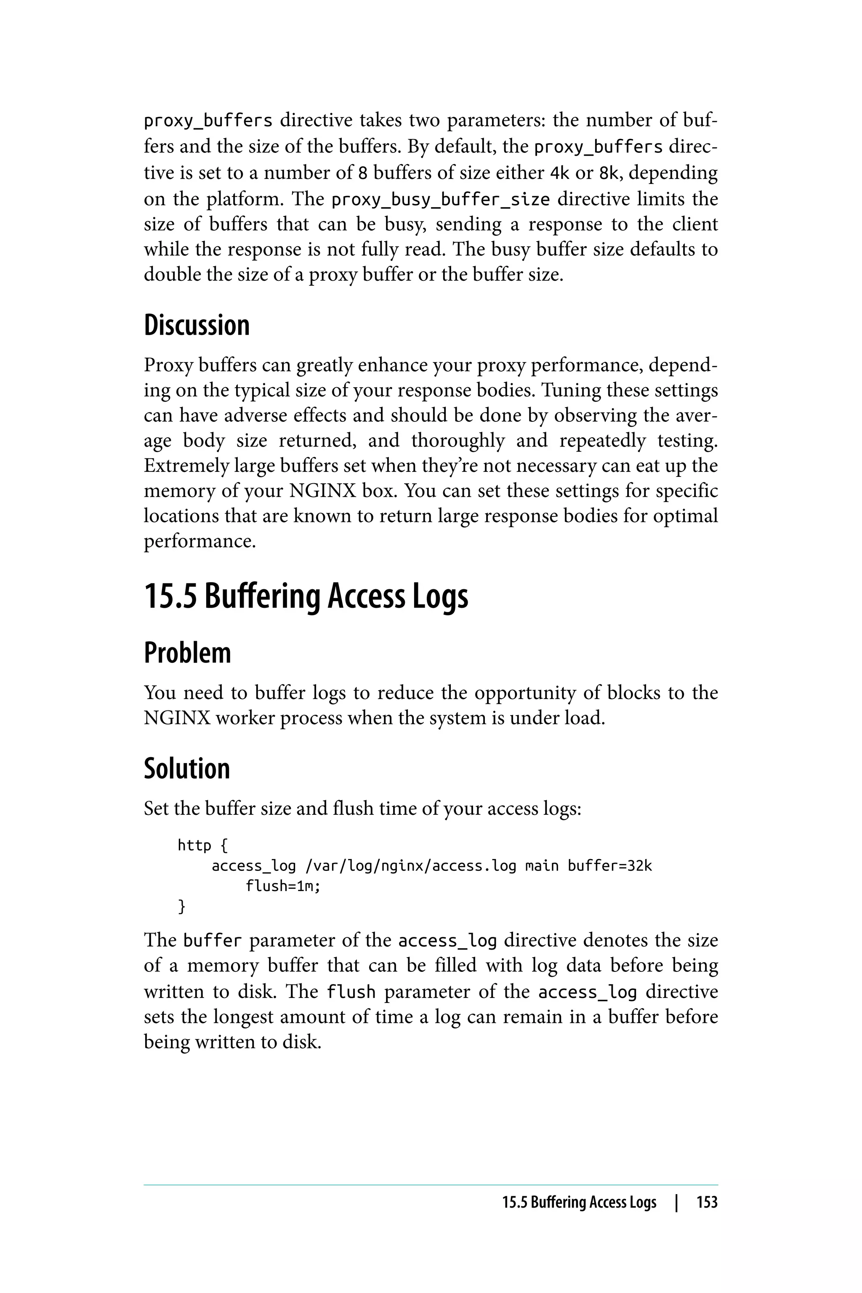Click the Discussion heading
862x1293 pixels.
pyautogui.click(x=196, y=325)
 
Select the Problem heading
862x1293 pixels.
pyautogui.click(x=187, y=653)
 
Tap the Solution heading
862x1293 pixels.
pyautogui.click(x=187, y=769)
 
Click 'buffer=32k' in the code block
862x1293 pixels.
pyautogui.click(x=609, y=866)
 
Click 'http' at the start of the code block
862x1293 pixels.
pyautogui.click(x=194, y=845)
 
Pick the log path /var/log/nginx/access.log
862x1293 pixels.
pyautogui.click(x=411, y=866)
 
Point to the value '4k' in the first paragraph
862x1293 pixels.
pyautogui.click(x=560, y=173)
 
